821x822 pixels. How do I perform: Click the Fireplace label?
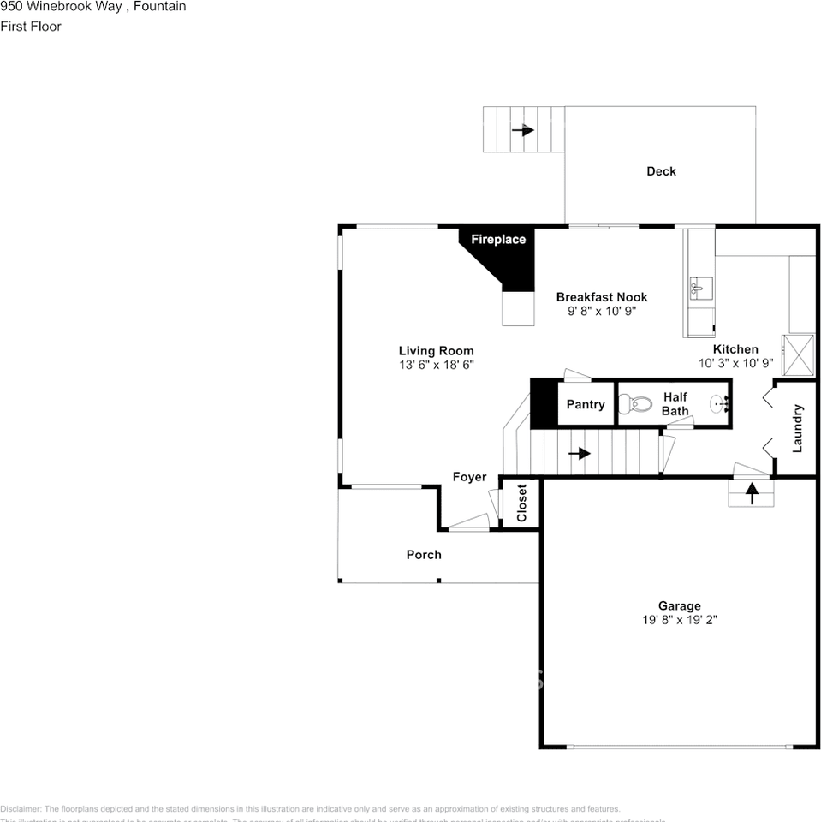(497, 240)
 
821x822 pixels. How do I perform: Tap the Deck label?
(661, 171)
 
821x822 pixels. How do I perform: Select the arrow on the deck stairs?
(523, 130)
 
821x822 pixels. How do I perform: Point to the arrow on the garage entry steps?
(752, 493)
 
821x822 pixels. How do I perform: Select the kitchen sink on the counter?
(701, 289)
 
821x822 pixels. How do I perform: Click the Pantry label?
(586, 404)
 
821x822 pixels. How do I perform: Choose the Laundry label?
(797, 428)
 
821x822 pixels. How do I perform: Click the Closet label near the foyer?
(521, 503)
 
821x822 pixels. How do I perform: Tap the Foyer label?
(469, 477)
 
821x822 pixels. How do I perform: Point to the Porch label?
(424, 555)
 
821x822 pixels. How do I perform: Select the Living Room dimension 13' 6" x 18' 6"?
(436, 364)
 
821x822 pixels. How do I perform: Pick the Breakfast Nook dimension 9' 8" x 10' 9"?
(602, 311)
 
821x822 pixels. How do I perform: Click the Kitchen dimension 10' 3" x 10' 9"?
(735, 362)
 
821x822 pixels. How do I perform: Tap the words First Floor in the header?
(31, 27)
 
